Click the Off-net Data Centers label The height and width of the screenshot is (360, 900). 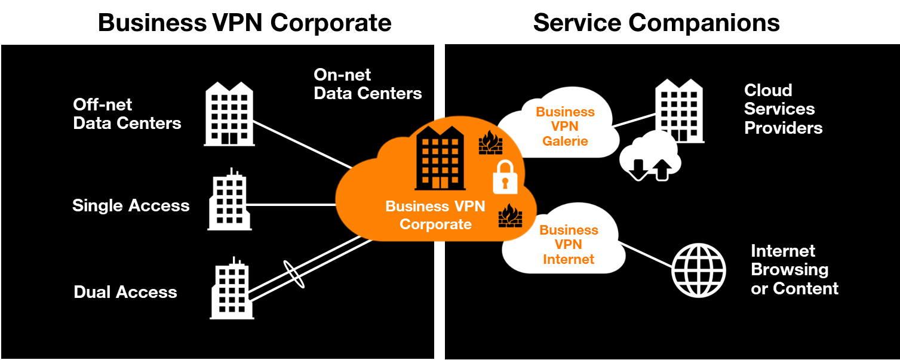point(127,114)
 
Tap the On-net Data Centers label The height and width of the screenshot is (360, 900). point(367,84)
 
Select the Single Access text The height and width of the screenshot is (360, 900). point(131,206)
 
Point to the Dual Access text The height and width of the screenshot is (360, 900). point(125,292)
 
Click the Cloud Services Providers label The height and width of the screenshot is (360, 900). point(783,109)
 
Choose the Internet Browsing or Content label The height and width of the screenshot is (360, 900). point(794,270)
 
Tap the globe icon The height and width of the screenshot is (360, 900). point(698,270)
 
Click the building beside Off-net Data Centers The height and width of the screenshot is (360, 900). point(229,114)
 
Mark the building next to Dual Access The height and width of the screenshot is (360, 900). point(231,289)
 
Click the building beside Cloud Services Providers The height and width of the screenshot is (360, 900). point(679,110)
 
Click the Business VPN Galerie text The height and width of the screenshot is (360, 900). point(565,127)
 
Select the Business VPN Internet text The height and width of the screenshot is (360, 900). point(568,245)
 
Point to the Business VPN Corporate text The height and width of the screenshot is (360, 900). point(435,216)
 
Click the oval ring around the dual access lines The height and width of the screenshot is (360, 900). point(294,274)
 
